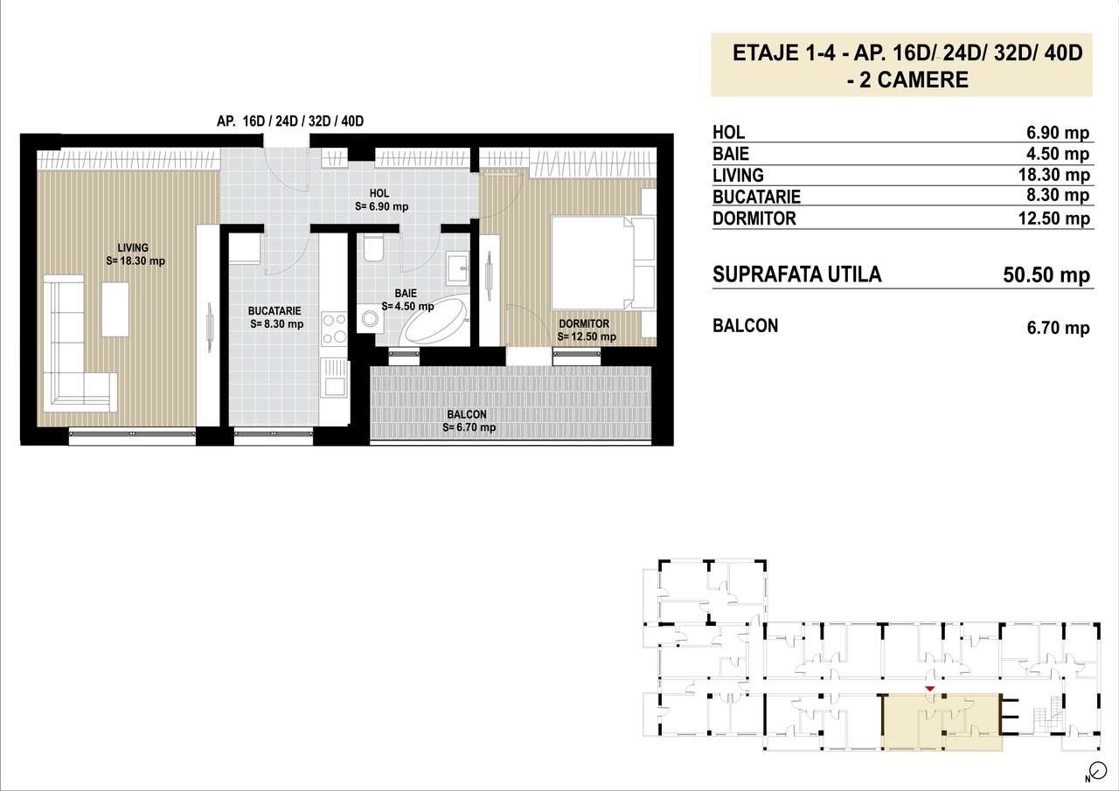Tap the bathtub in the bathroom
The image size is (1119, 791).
coord(435,321)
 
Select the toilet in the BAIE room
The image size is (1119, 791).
coord(372,248)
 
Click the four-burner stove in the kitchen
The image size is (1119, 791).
coord(334,329)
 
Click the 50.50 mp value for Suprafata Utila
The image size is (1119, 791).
coord(1046,276)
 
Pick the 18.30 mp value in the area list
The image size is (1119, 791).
coord(1058,175)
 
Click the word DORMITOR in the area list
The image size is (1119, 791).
coord(754,219)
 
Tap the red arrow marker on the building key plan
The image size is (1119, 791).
coord(930,690)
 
